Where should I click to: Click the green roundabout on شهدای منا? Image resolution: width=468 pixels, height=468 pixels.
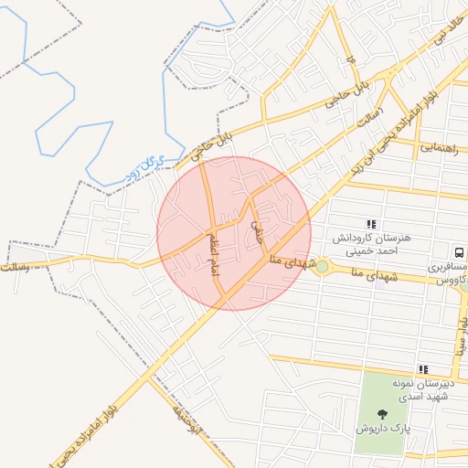tap(322, 267)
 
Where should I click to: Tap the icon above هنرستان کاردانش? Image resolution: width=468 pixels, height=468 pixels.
tap(370, 223)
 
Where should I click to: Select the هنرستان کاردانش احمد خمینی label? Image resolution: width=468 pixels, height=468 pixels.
tap(373, 243)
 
